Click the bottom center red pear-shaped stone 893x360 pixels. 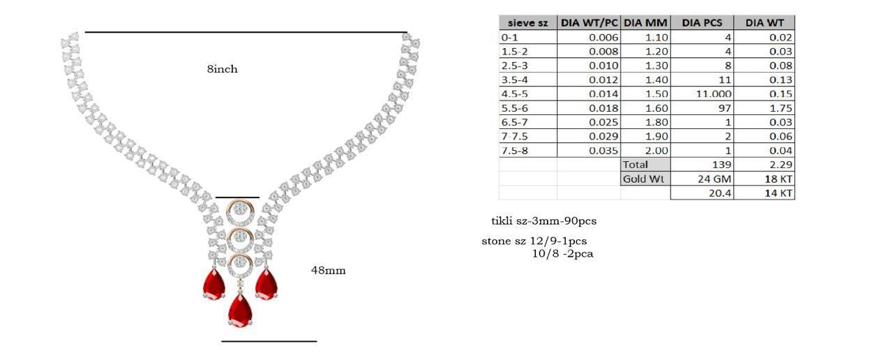pyautogui.click(x=240, y=310)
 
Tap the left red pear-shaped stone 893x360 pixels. pyautogui.click(x=214, y=284)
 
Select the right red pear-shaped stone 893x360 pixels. pyautogui.click(x=267, y=284)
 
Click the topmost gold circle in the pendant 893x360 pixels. pyautogui.click(x=240, y=211)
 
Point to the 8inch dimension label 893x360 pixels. pyautogui.click(x=222, y=69)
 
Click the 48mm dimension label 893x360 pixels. pyautogui.click(x=328, y=270)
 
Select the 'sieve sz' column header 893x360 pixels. pyautogui.click(x=528, y=23)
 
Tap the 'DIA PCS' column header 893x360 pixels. pyautogui.click(x=702, y=23)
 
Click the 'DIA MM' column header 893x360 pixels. pyautogui.click(x=645, y=23)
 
